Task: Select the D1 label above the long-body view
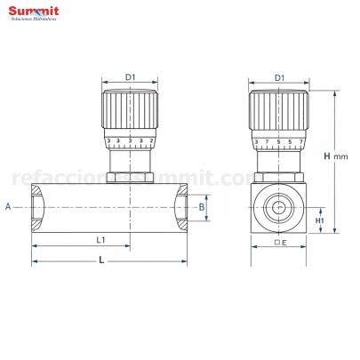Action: [131, 78]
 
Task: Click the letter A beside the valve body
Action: [8, 206]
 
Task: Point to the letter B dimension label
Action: [202, 206]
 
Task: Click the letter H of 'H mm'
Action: [327, 156]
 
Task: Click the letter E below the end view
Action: [284, 243]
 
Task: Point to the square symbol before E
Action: [276, 243]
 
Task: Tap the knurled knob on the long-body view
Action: [131, 110]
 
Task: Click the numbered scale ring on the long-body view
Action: [131, 140]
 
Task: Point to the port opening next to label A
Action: [36, 206]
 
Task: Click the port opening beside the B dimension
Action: [181, 206]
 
